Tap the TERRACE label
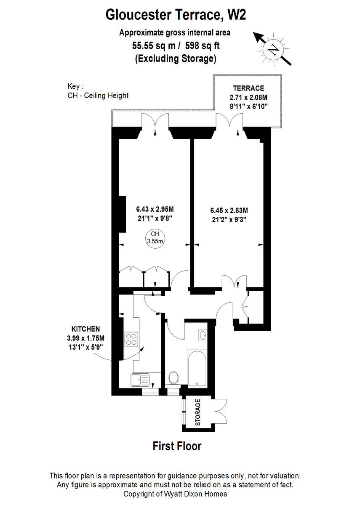(248, 88)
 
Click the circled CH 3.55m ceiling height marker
(155, 238)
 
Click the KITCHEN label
(85, 329)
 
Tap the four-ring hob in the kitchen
(131, 339)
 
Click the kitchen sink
(139, 380)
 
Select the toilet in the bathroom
(173, 378)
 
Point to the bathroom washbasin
(202, 335)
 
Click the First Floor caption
(177, 446)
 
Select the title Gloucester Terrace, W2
(176, 15)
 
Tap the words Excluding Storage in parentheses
(175, 59)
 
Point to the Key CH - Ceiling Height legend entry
(98, 96)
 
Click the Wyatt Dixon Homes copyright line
(175, 494)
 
